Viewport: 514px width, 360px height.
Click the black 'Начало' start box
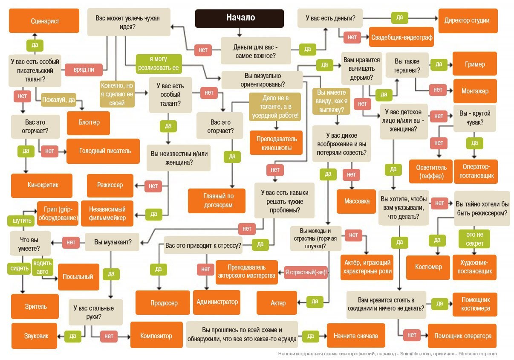coord(239,18)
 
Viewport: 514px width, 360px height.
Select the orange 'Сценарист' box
coord(45,20)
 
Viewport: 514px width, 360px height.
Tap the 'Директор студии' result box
coord(467,20)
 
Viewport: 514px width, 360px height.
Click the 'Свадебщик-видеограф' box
coord(402,38)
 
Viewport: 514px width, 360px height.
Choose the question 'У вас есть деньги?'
coord(330,18)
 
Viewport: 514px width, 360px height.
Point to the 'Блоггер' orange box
coord(89,122)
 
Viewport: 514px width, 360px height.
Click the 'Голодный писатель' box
coord(104,151)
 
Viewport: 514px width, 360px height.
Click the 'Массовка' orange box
coord(357,200)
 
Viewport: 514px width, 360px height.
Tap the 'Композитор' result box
coord(156,336)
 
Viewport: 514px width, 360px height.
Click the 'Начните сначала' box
coord(355,336)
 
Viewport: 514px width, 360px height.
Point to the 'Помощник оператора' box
coord(462,336)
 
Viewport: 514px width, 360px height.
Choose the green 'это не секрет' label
coord(474,239)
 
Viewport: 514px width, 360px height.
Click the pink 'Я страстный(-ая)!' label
coord(306,272)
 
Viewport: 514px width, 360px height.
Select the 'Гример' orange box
coord(474,64)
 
